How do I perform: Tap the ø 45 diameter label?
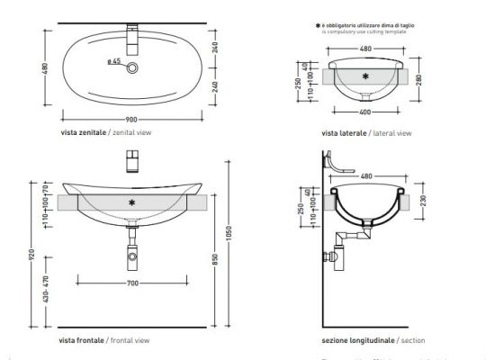(x=114, y=62)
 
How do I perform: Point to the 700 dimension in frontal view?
(x=133, y=284)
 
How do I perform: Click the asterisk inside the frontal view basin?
(x=132, y=203)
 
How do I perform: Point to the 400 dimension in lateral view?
(x=364, y=112)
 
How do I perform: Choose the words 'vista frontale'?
(x=79, y=341)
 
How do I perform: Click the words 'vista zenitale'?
(x=79, y=132)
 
